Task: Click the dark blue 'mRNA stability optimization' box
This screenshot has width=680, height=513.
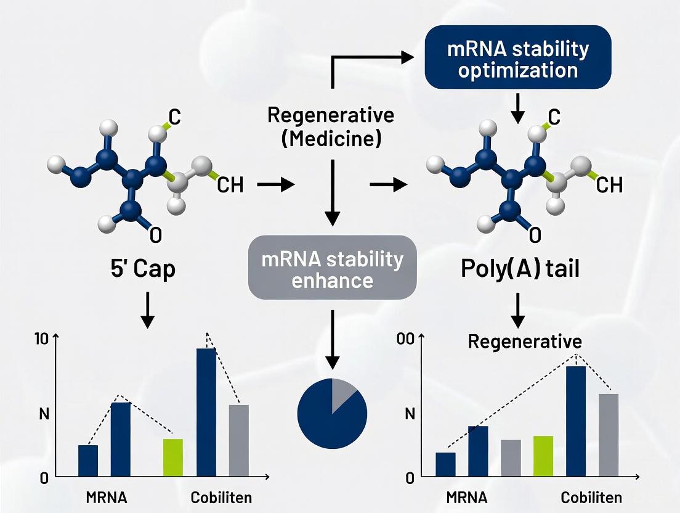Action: click(x=517, y=60)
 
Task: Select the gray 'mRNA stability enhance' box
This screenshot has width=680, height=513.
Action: click(x=333, y=269)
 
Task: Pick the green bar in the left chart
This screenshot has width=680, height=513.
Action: click(x=173, y=458)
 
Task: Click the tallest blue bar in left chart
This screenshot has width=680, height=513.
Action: click(x=206, y=412)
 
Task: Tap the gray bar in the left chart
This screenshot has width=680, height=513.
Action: click(x=238, y=440)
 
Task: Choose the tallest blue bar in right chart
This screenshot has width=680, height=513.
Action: click(x=576, y=421)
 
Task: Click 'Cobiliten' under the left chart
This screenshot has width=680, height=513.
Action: click(x=222, y=498)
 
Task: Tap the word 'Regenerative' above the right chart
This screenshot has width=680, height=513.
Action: click(x=525, y=341)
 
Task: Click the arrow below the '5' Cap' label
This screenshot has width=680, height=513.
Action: click(x=147, y=310)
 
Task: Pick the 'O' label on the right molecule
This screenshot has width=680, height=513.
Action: click(x=535, y=234)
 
